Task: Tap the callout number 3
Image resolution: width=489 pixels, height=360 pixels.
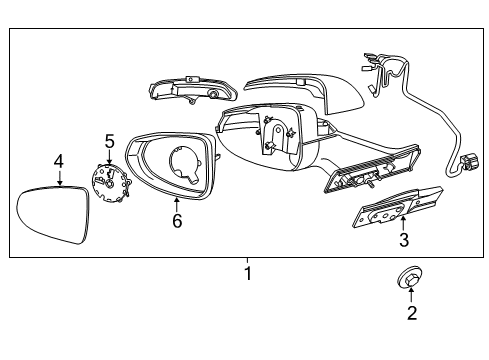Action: (x=403, y=240)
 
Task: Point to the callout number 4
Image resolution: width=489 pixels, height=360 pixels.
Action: (x=59, y=160)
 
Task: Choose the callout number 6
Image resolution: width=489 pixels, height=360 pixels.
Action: (x=176, y=221)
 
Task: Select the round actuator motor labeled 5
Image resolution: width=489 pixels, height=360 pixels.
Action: (x=109, y=184)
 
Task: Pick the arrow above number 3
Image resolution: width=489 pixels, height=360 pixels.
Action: (x=403, y=221)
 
